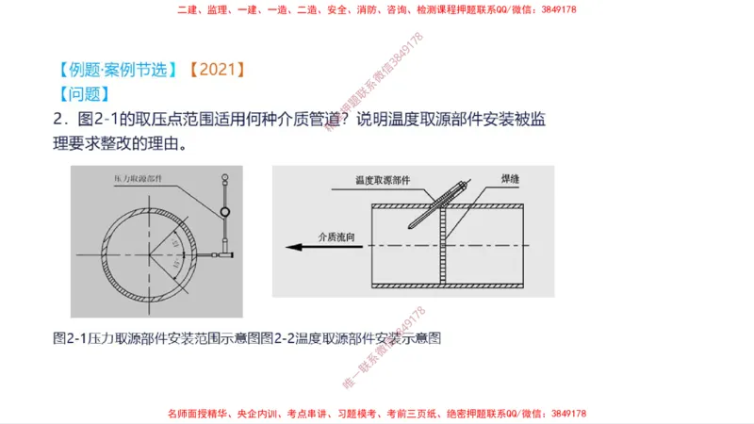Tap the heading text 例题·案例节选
[116, 69]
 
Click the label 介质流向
[339, 236]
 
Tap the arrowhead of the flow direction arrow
[293, 247]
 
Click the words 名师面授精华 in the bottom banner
[193, 414]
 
